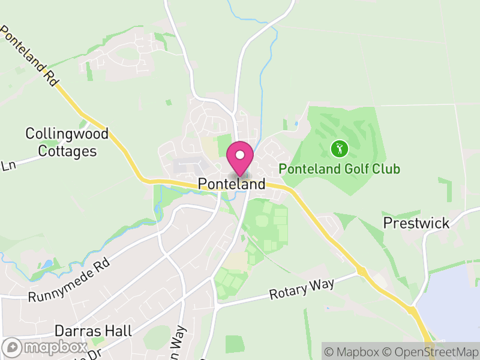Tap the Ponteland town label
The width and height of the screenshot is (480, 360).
click(x=232, y=184)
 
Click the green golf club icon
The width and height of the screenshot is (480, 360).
click(x=339, y=147)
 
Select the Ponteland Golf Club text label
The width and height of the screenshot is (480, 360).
click(x=340, y=169)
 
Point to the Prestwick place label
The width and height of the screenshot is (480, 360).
click(x=416, y=223)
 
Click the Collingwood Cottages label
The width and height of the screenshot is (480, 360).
click(x=67, y=142)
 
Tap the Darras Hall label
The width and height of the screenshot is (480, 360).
click(x=93, y=331)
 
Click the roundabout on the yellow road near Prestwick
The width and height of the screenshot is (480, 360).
click(x=362, y=272)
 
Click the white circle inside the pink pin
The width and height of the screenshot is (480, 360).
click(x=240, y=155)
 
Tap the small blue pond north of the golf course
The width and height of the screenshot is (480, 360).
click(x=296, y=124)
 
